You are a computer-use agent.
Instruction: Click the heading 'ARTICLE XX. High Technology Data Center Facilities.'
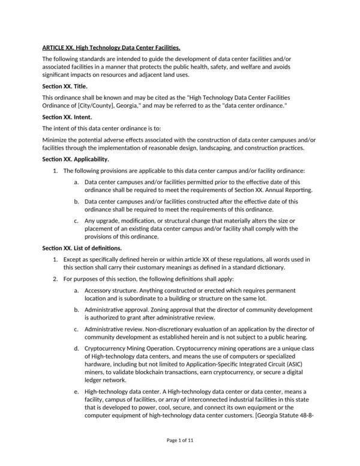pos(111,47)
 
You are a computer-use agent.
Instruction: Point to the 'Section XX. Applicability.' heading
pos(75,160)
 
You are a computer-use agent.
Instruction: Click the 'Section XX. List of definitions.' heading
pos(82,247)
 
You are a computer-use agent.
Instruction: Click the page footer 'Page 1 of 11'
pos(180,441)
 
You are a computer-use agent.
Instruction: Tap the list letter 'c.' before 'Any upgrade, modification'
pos(77,220)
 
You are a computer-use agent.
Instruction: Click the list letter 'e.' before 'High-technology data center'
pos(77,395)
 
